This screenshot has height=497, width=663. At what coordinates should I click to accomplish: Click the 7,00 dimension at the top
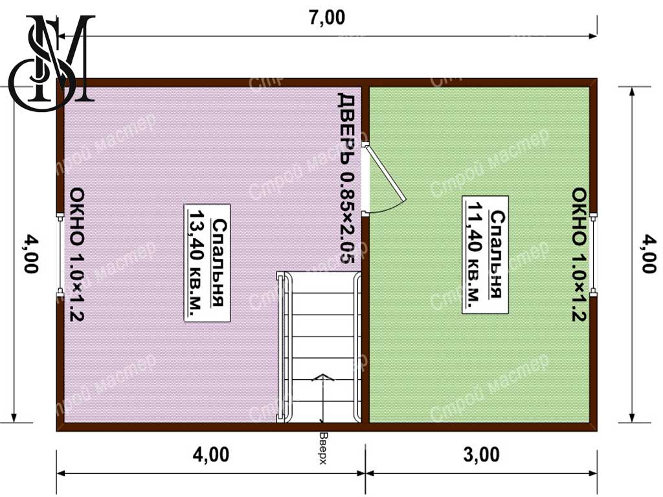point(326,17)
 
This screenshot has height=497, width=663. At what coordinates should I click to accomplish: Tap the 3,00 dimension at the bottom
point(481,455)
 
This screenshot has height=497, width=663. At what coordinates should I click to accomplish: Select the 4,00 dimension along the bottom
point(211,455)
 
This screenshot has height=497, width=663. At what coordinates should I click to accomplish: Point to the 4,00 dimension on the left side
point(31,254)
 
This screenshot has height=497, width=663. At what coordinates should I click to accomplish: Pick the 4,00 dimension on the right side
point(647,254)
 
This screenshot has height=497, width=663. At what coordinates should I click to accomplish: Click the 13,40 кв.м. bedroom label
point(207,263)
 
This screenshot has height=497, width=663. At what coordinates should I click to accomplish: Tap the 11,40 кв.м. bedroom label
point(485,255)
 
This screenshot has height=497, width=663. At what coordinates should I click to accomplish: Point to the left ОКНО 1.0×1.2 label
point(77,255)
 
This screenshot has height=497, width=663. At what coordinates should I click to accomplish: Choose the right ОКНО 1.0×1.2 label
point(579,255)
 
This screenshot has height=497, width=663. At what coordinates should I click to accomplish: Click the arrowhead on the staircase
point(322,377)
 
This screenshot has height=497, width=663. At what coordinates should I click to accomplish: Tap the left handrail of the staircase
point(282,347)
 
